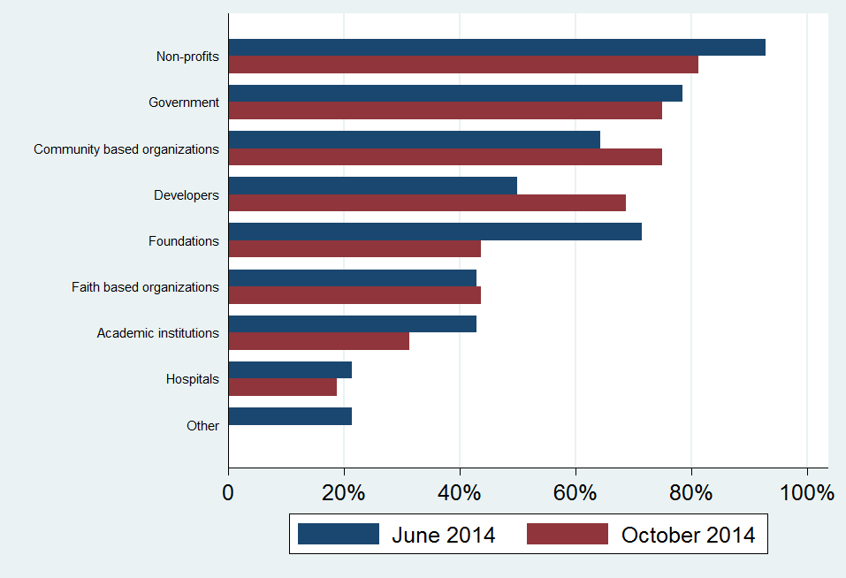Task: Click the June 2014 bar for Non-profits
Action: coord(497,48)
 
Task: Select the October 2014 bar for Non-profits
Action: coord(463,65)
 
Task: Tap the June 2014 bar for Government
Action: coord(455,94)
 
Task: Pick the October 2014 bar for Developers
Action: coord(427,202)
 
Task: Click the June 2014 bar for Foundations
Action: coord(435,232)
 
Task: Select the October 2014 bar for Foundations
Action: coord(354,248)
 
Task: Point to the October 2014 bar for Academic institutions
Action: coord(319,341)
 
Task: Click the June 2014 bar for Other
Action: coord(290,416)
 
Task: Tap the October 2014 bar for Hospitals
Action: coord(283,387)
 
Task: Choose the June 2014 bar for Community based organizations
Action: coord(415,140)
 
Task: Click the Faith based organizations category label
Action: coord(145,287)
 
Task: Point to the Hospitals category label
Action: coord(192,379)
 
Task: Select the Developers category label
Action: coord(186,194)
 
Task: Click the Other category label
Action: coord(202,426)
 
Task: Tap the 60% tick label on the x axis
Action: coord(575,493)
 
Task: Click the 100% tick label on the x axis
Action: coord(806,493)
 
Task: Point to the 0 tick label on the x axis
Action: coord(229,493)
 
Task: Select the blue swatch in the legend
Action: coord(338,534)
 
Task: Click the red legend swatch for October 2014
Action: coord(567,534)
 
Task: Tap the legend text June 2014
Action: coord(443,535)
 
